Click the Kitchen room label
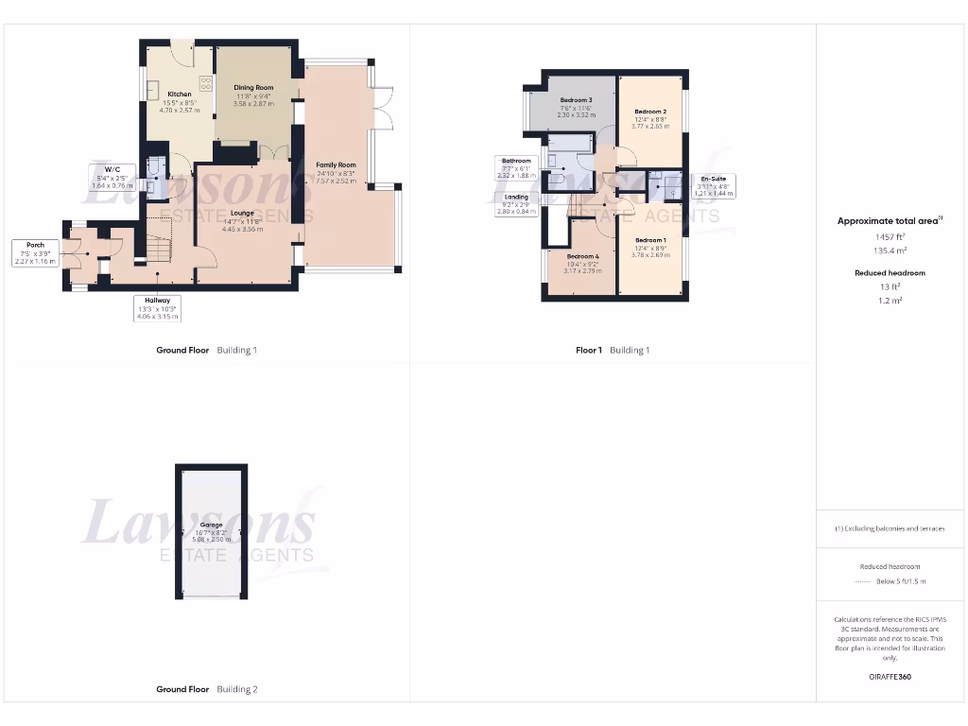click(180, 95)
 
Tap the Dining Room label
click(253, 88)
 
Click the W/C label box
click(110, 176)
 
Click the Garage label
click(211, 525)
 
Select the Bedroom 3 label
click(576, 100)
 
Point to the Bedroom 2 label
click(650, 112)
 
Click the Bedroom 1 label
click(650, 240)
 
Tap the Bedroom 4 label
click(582, 256)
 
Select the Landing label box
click(516, 204)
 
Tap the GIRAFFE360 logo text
click(889, 677)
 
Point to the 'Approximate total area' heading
click(887, 221)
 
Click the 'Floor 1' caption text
click(588, 350)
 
